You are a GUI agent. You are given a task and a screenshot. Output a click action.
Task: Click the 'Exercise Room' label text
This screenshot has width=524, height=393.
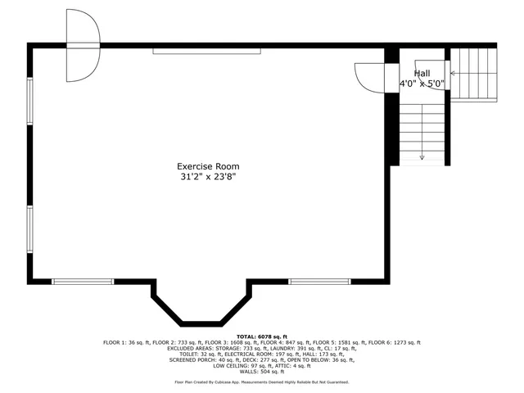click(210, 166)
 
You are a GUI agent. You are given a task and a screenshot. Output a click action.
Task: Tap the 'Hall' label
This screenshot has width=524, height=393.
click(422, 74)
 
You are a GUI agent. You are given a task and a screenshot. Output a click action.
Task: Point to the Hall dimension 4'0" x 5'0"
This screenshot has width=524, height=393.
click(422, 84)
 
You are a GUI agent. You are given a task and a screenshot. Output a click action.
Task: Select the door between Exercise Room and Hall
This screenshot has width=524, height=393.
click(370, 79)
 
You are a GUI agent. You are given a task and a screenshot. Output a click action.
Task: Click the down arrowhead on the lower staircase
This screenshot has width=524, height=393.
click(422, 156)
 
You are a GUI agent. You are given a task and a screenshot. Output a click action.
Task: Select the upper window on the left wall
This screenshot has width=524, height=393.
click(30, 102)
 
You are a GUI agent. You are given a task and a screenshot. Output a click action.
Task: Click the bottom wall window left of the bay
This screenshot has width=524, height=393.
click(83, 282)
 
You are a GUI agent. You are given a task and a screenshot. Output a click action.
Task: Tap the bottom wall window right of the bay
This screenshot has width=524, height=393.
click(314, 282)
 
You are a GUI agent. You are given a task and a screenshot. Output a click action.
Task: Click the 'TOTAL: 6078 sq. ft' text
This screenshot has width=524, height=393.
click(262, 337)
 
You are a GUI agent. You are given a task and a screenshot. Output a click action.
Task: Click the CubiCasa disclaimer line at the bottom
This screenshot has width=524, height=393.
click(262, 382)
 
